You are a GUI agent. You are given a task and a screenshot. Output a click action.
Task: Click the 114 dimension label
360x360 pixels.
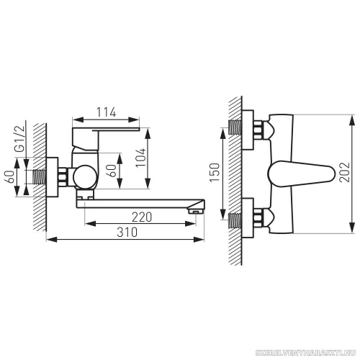tap(107, 112)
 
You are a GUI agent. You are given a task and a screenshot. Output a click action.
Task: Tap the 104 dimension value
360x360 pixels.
tap(140, 158)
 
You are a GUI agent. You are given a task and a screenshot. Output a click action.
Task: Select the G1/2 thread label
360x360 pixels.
tap(19, 138)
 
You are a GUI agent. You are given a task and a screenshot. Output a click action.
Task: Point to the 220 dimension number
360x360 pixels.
tap(142, 217)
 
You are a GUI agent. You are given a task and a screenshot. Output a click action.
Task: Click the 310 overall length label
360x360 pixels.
tap(127, 232)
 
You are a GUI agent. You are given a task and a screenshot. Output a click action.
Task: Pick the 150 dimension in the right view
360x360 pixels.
tap(215, 172)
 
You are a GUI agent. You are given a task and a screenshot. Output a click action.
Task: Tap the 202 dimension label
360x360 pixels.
tap(345, 172)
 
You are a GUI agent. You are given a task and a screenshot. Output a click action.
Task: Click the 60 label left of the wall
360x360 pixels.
tap(10, 176)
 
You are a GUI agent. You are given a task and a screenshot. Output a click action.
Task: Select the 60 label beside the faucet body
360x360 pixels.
tap(112, 171)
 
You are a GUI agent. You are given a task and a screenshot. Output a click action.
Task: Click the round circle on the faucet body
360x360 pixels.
tap(85, 177)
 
